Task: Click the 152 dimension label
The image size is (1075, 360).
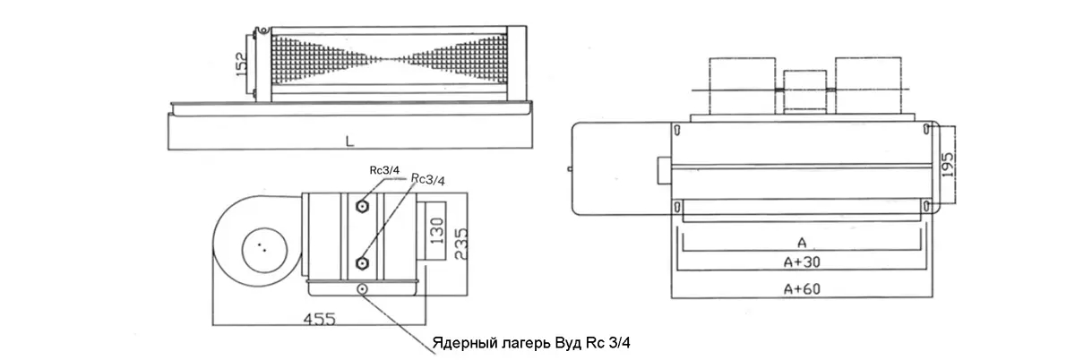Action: pyautogui.click(x=242, y=63)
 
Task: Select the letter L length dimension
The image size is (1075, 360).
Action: pyautogui.click(x=350, y=141)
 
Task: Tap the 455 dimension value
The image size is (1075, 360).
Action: pyautogui.click(x=320, y=319)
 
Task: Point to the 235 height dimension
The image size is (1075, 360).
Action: pyautogui.click(x=460, y=244)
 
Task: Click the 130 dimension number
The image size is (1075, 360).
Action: pyautogui.click(x=437, y=230)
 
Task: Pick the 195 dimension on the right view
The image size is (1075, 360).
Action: pyautogui.click(x=948, y=165)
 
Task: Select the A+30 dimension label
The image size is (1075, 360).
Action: pyautogui.click(x=802, y=262)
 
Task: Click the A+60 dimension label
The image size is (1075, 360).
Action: pyautogui.click(x=802, y=289)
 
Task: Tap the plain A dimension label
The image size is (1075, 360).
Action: pyautogui.click(x=802, y=243)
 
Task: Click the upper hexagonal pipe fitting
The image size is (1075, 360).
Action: pyautogui.click(x=362, y=206)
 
